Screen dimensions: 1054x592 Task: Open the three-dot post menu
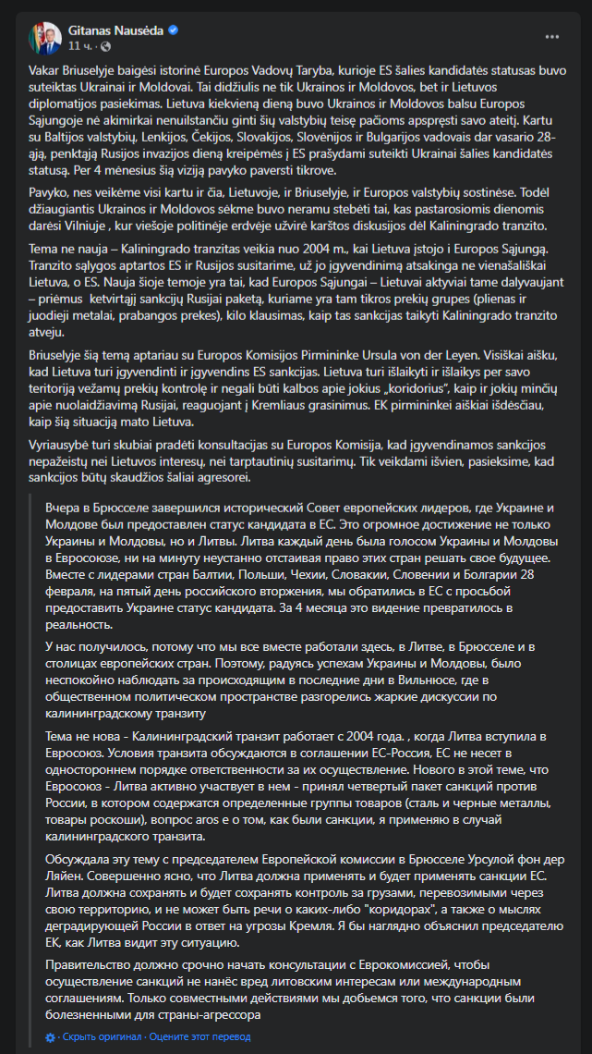551,37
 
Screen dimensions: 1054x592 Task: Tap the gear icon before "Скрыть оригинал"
50,1037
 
